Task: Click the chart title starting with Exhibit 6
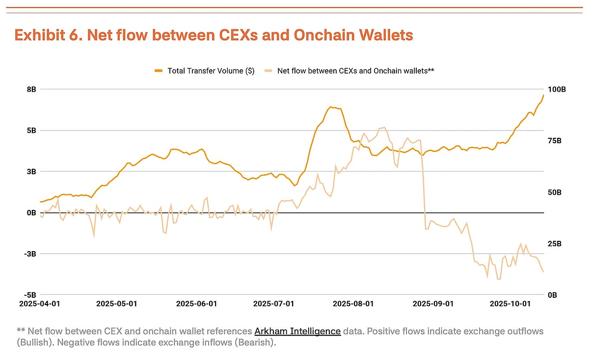214,35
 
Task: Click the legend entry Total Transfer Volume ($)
211,71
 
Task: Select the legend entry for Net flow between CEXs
355,71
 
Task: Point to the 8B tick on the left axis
31,89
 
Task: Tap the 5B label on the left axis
31,130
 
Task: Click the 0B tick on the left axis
31,213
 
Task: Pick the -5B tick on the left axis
30,295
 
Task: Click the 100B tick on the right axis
557,90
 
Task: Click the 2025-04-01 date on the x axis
39,304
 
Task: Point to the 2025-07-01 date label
273,304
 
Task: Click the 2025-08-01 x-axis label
353,304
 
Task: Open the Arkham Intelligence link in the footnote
297,331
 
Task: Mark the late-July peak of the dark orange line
331,107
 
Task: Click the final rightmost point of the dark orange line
543,95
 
